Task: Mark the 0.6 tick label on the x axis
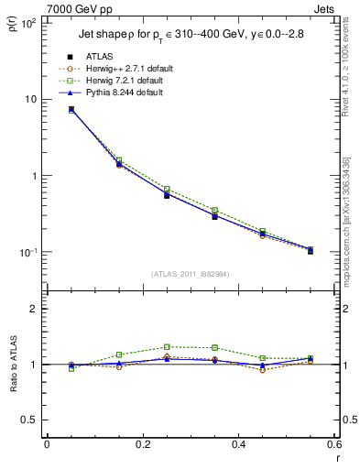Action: (333, 444)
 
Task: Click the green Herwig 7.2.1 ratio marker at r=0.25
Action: (167, 347)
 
